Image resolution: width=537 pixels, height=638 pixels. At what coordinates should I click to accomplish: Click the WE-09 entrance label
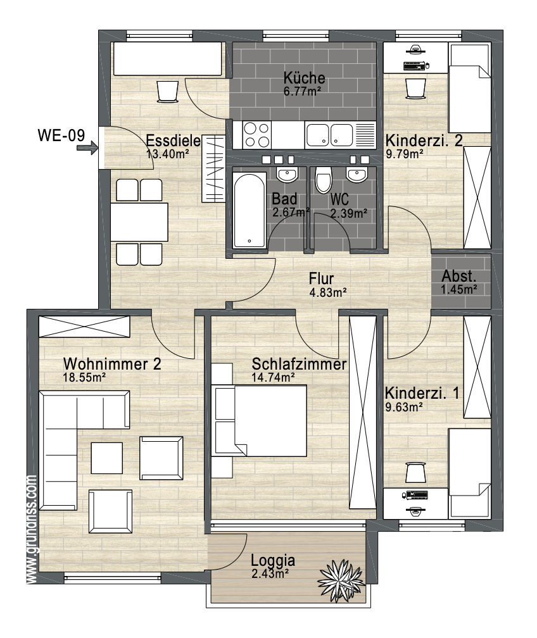[61, 135]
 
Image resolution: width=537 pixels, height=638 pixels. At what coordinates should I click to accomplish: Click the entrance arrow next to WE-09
[87, 147]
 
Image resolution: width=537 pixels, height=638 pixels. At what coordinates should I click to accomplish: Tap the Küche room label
[304, 77]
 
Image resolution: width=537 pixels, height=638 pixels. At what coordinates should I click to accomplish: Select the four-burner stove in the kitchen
[257, 135]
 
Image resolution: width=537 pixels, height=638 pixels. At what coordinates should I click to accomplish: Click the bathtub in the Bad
[249, 211]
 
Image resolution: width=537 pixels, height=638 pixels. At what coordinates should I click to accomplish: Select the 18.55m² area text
[84, 377]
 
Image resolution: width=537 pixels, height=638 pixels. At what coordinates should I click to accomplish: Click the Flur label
[321, 278]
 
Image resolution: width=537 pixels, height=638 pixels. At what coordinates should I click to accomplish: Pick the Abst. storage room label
[459, 276]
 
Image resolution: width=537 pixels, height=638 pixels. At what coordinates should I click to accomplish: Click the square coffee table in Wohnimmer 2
[106, 458]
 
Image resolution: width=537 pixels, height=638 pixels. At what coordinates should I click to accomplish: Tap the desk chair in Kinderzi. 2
[415, 88]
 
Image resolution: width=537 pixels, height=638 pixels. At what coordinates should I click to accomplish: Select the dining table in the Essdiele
[139, 222]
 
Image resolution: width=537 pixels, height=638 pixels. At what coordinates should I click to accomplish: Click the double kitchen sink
[329, 135]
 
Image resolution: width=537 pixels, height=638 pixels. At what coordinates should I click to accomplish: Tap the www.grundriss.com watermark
[32, 530]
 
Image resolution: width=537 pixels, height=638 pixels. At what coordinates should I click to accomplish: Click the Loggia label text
[273, 560]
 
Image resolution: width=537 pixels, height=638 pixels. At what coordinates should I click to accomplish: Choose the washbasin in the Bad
[288, 174]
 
